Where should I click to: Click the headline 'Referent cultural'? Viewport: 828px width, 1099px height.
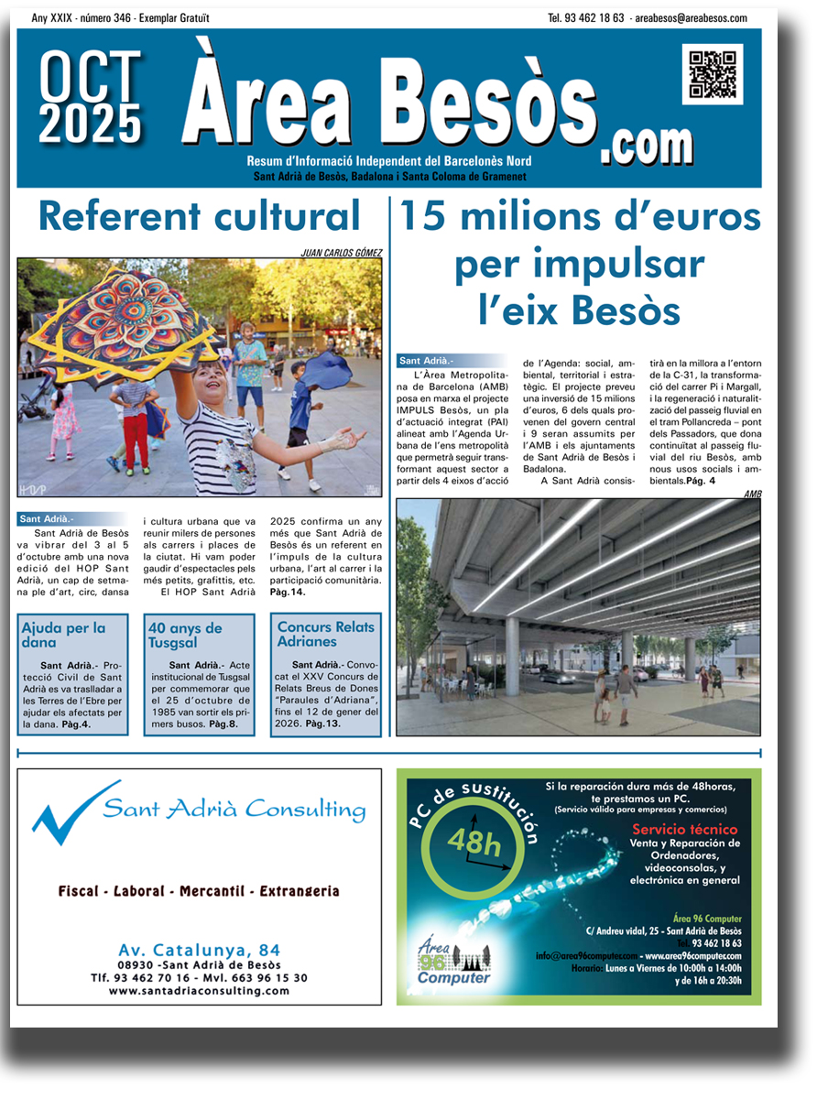(200, 217)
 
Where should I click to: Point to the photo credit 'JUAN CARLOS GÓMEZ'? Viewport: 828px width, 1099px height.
(341, 253)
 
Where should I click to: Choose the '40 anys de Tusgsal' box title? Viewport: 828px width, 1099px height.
(185, 635)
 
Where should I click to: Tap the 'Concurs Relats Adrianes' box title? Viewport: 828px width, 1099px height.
(325, 634)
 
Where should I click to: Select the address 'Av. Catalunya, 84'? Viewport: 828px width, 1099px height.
(200, 950)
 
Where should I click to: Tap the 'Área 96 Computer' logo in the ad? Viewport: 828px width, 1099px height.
(453, 962)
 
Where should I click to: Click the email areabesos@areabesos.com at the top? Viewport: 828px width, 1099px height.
(690, 18)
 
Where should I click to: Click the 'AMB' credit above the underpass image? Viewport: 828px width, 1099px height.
(752, 494)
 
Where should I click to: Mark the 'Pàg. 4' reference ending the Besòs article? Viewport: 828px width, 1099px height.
(699, 481)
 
